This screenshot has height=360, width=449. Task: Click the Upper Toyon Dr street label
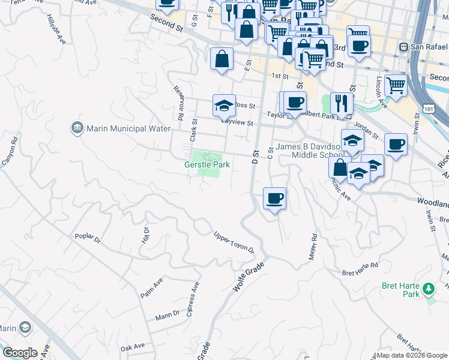click(234, 242)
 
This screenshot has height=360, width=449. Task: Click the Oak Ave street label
click(133, 347)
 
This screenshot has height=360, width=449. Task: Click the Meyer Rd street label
click(313, 247)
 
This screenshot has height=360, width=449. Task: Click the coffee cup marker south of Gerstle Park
click(274, 198)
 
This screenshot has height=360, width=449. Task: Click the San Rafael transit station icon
click(405, 47)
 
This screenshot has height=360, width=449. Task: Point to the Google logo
click(20, 353)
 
